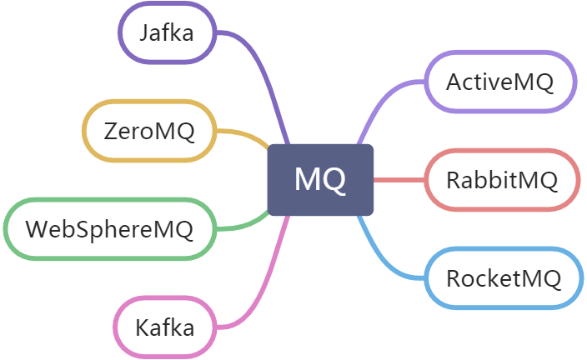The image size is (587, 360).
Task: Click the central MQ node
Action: coord(320,179)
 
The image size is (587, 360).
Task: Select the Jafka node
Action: coord(167,33)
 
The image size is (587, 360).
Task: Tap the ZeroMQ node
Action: coord(149,131)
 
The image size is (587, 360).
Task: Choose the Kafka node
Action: coord(165,326)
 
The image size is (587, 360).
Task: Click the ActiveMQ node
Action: coord(500,82)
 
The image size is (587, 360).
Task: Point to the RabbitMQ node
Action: coord(501,179)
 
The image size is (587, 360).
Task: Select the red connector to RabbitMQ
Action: coord(399,179)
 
